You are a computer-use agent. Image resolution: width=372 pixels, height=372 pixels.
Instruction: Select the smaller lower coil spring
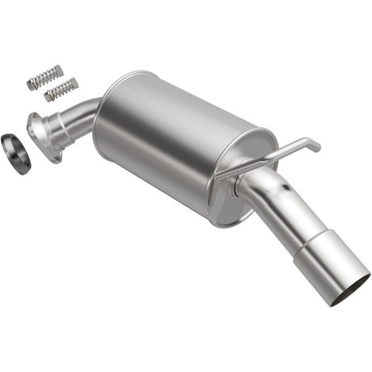[x=61, y=89]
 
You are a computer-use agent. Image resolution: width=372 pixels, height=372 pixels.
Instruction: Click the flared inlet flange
[x=40, y=133]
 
